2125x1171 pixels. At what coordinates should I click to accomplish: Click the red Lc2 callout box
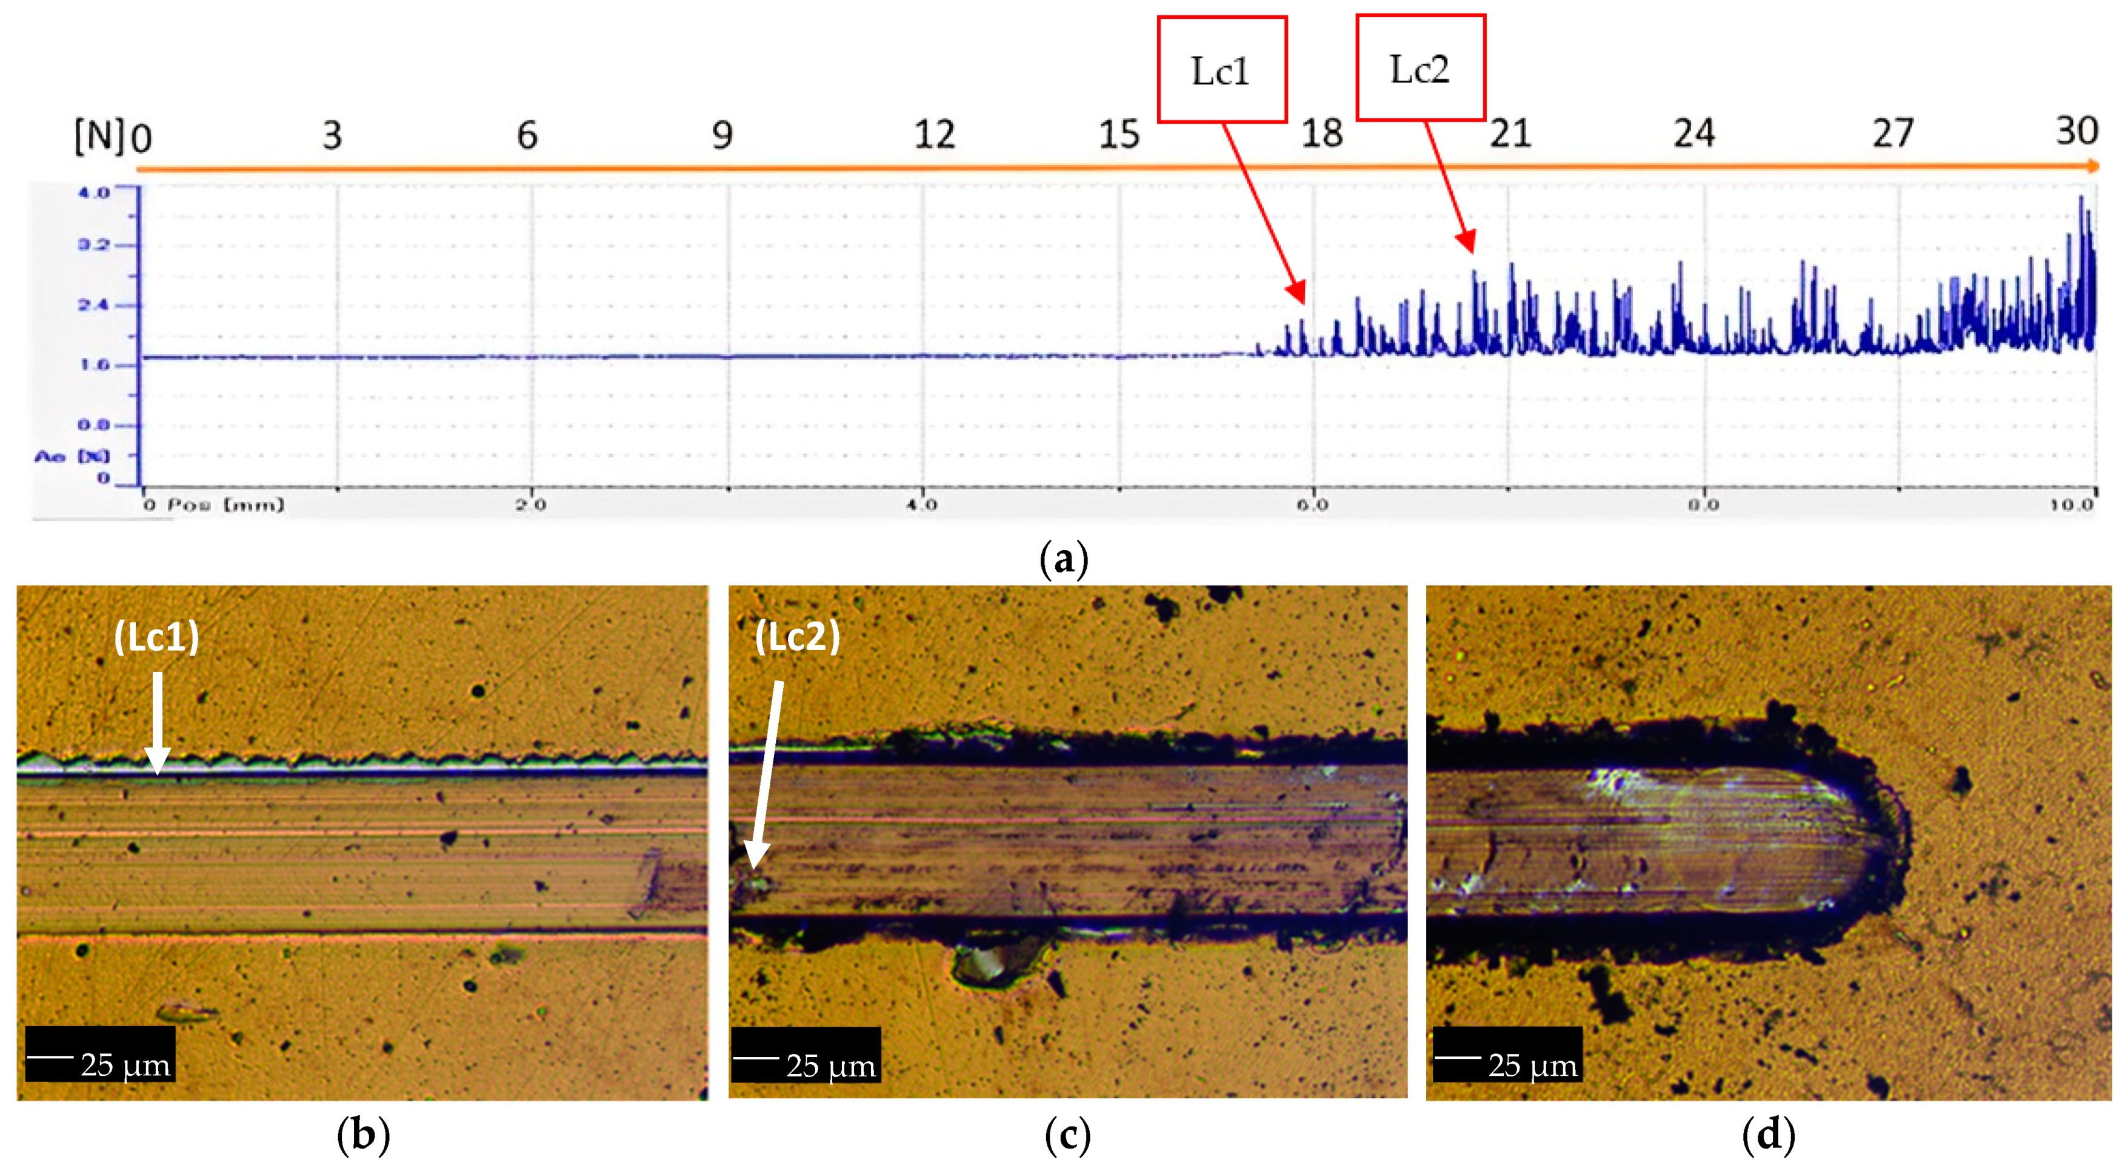[1419, 69]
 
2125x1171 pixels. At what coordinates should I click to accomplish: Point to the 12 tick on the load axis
[934, 135]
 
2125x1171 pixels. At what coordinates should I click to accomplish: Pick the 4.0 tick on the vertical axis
[93, 192]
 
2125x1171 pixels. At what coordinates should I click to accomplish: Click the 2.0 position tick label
[531, 504]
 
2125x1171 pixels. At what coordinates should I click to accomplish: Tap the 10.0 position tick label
[2072, 504]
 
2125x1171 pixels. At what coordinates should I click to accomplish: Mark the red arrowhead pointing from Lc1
[1298, 293]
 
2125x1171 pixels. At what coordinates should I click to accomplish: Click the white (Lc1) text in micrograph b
[157, 637]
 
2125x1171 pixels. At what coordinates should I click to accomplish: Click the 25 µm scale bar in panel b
[100, 1055]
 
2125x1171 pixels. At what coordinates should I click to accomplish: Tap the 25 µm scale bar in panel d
[1507, 1055]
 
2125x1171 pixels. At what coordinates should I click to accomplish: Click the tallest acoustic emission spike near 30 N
[2081, 198]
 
